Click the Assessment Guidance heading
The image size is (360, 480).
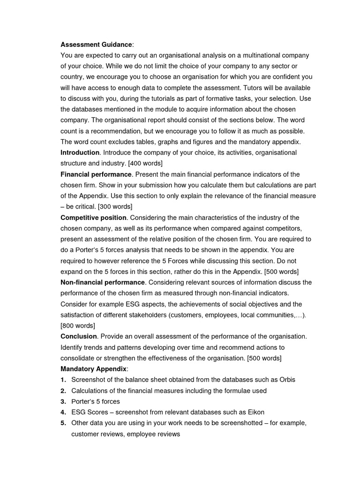click(96, 45)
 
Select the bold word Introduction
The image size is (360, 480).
click(80, 153)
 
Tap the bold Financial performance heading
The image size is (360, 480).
click(96, 174)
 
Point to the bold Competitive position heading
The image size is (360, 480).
click(93, 217)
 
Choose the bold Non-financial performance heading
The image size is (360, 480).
click(102, 283)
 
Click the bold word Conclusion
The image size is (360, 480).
click(78, 337)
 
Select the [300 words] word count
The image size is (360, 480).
click(115, 207)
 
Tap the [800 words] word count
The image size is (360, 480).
click(78, 326)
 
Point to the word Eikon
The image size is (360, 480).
click(254, 412)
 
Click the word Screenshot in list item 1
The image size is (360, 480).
click(90, 380)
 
